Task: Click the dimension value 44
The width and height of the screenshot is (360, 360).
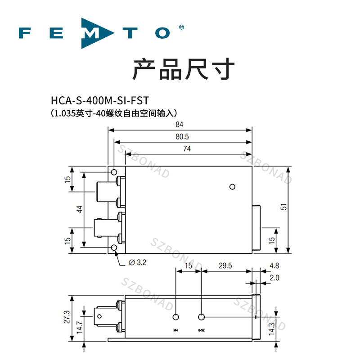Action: [x=79, y=209]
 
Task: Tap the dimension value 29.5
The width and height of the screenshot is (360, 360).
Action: [x=225, y=266]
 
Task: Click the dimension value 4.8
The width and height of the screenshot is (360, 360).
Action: [x=274, y=266]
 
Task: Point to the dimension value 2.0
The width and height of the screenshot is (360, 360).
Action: [x=274, y=278]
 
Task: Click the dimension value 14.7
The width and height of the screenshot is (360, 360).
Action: [x=79, y=325]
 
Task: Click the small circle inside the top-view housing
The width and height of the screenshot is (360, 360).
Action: [x=232, y=187]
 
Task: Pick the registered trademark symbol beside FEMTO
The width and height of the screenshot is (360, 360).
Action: [x=181, y=27]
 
